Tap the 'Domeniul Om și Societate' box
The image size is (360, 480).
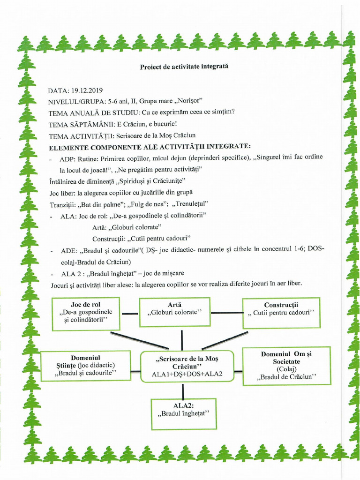point(286,366)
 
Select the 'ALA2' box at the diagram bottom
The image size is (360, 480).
point(183,413)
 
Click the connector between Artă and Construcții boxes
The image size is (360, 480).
point(226,313)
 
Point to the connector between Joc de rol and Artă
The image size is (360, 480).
point(130,313)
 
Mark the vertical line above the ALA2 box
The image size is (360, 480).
point(183,390)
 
